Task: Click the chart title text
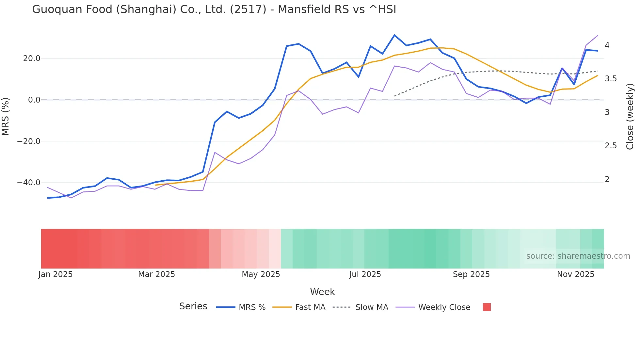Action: (x=214, y=9)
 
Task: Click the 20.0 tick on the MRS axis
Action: (x=32, y=58)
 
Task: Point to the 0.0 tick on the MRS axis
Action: (x=34, y=100)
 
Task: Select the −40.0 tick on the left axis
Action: (x=29, y=183)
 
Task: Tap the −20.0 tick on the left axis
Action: (x=29, y=141)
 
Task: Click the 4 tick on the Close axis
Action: (x=607, y=45)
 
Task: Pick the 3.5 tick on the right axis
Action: (x=611, y=79)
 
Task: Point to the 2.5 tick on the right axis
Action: (x=611, y=146)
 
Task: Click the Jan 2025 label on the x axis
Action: (x=56, y=274)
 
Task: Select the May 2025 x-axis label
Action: (x=261, y=274)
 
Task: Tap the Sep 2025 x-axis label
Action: (x=471, y=274)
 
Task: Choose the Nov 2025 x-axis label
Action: (x=575, y=274)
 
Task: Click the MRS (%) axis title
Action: (x=6, y=116)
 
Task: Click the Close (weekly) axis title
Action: (x=630, y=116)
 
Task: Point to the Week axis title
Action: (x=322, y=292)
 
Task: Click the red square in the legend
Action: (x=487, y=307)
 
